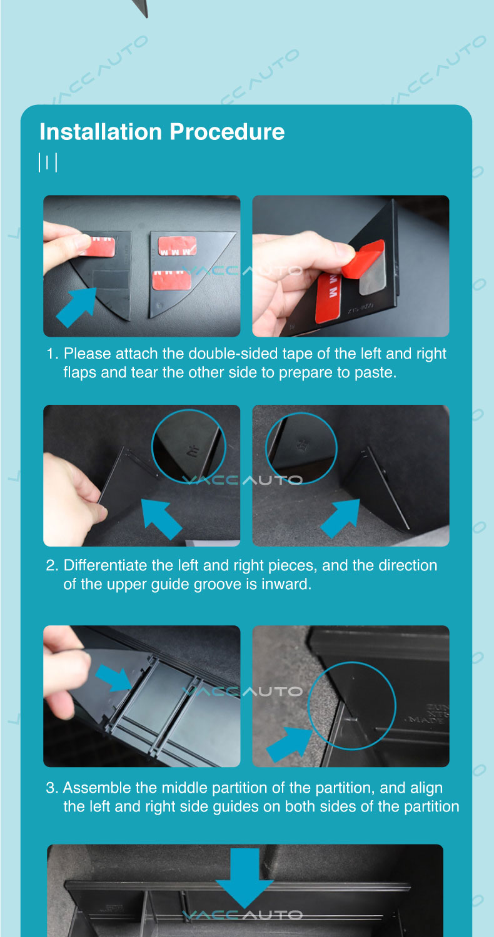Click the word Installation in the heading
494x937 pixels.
101,132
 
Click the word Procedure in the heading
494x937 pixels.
227,132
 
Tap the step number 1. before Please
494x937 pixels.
53,354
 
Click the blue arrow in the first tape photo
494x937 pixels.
76,307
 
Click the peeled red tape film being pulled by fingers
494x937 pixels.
363,259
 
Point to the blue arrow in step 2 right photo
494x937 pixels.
340,518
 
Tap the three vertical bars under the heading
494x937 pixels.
48,162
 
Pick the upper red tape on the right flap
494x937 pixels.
178,246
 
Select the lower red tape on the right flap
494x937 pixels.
171,280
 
